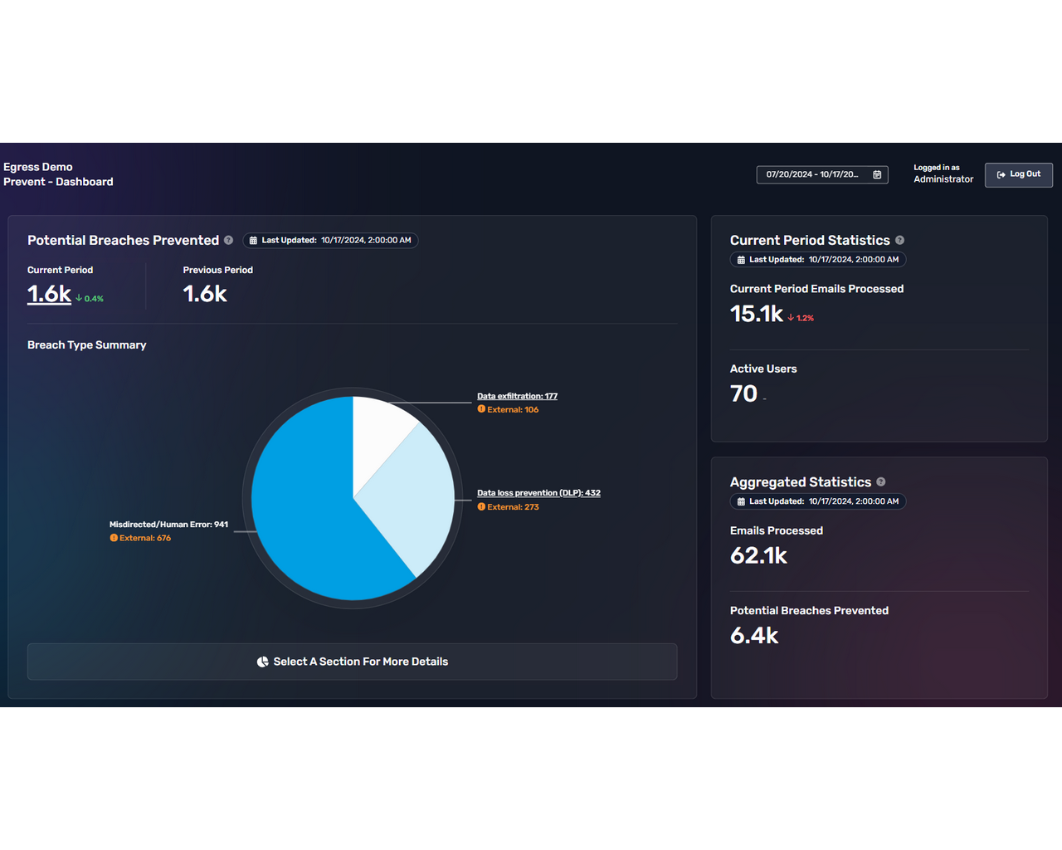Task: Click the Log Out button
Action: pos(1018,174)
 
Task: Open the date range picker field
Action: pos(821,174)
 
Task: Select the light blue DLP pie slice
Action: pos(415,498)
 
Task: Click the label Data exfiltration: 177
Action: pos(517,396)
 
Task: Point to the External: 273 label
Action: pos(512,507)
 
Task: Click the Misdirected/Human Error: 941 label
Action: pos(168,525)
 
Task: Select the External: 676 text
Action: pos(144,538)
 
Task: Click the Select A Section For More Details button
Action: pos(352,662)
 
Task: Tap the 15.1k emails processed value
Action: pos(756,314)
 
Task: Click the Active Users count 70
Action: pos(743,393)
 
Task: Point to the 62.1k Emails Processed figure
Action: pos(758,555)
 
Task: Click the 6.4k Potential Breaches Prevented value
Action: pos(754,636)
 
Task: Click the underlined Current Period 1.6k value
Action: pos(49,294)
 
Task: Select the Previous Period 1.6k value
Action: pos(204,294)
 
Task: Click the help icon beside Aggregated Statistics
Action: pos(880,482)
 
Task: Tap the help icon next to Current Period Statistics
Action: pos(899,241)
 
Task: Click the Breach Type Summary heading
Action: pos(86,345)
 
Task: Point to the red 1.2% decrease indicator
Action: pos(801,318)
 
